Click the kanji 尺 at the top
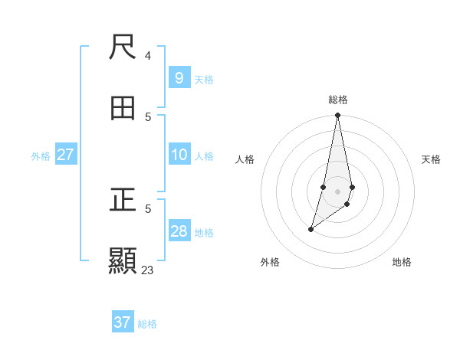coord(123,48)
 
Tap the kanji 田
coord(123,108)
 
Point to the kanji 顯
coord(123,260)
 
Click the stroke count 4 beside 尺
coord(148,56)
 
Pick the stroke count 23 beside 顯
coord(147,270)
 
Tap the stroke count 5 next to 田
coord(148,116)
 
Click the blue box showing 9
coord(179,78)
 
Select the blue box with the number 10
coord(179,155)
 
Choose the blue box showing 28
coord(179,231)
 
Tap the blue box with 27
coord(65,155)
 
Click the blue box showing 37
coord(122,322)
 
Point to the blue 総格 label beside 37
coord(147,324)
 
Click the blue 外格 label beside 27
coord(41,156)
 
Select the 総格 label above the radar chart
coord(338,100)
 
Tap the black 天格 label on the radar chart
coord(431,159)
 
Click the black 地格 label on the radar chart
coord(402,262)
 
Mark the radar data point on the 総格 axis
coord(337,116)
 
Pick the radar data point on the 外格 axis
coord(310,229)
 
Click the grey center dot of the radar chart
coord(337,191)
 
